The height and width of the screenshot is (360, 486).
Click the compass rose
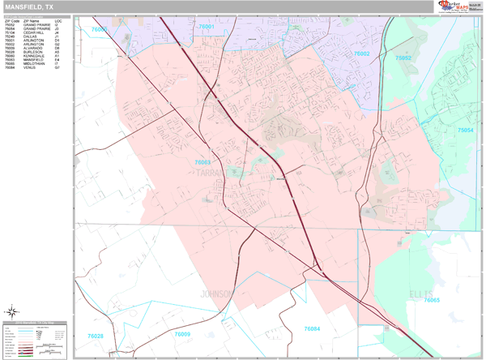click(12, 311)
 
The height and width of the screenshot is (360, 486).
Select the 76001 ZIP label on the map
click(206, 27)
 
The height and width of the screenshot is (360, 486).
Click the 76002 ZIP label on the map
click(361, 54)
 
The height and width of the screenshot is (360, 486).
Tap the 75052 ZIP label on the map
click(403, 58)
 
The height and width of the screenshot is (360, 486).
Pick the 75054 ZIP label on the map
click(465, 130)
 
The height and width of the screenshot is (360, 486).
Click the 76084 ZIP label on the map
click(313, 328)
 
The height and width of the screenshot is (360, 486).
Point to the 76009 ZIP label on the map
click(181, 334)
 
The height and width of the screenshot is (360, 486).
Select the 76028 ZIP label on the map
click(96, 335)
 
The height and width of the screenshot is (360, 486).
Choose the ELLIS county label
click(421, 294)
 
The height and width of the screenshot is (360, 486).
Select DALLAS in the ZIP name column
click(30, 36)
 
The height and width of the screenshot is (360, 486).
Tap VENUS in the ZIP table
click(30, 67)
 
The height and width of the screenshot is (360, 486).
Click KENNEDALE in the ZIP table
click(34, 55)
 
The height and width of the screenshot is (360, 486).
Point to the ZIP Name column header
click(32, 20)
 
